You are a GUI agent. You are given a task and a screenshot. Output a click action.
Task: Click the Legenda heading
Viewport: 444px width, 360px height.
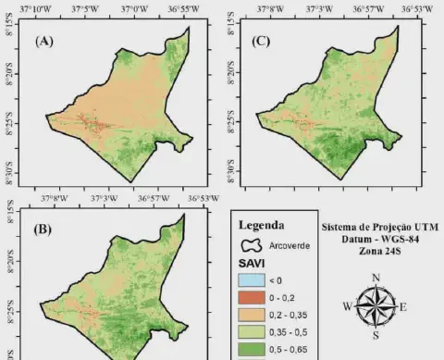[261, 225]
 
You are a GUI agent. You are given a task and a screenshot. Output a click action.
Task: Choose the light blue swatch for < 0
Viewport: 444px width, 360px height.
[252, 280]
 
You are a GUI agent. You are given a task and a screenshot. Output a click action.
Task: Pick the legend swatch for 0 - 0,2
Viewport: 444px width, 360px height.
[252, 298]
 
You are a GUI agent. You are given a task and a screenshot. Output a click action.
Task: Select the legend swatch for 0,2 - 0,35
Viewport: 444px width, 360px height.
[252, 316]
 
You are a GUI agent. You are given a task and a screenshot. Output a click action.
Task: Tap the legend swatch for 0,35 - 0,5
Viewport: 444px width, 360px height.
[252, 333]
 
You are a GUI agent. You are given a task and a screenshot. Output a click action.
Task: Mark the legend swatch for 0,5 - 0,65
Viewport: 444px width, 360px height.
[252, 350]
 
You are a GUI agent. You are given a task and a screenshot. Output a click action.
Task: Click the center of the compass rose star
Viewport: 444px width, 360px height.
[375, 306]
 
